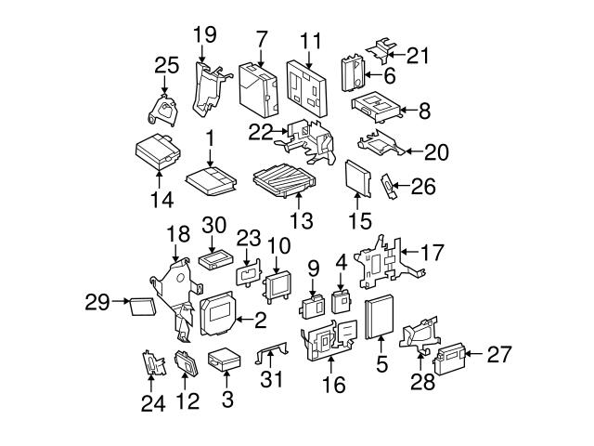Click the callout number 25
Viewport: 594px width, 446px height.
point(166,65)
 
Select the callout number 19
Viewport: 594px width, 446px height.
point(204,35)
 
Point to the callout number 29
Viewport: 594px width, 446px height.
point(96,301)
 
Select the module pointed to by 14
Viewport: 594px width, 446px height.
point(157,150)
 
